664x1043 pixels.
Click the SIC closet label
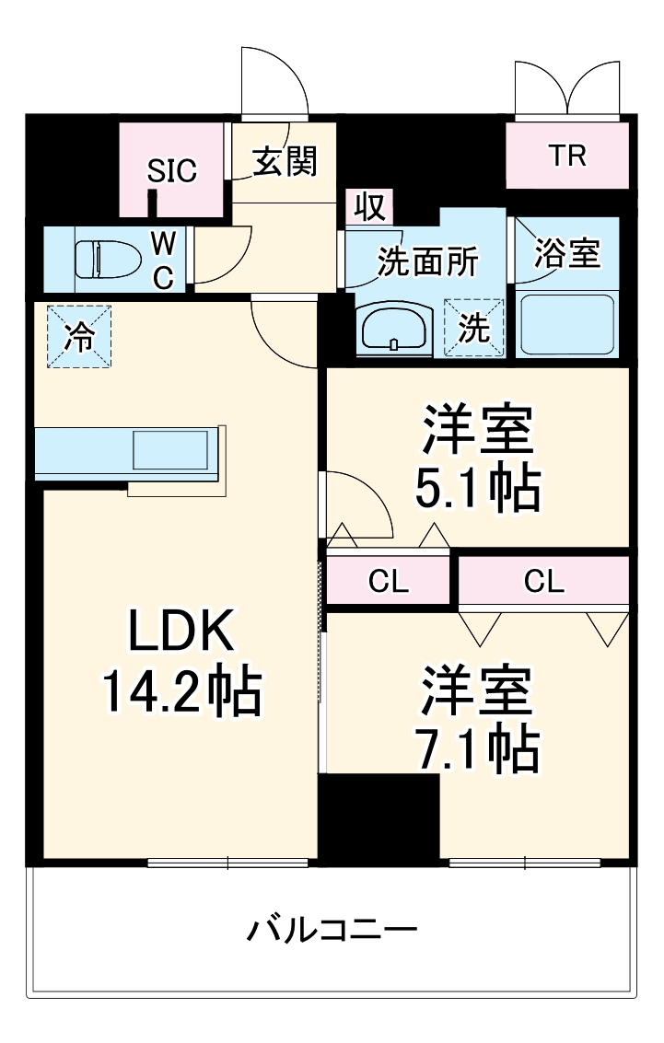pos(173,170)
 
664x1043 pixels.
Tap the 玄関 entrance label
pos(285,162)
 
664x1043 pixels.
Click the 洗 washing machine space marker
pos(475,328)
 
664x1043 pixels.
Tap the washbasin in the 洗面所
pos(393,329)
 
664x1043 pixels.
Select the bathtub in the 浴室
pos(566,325)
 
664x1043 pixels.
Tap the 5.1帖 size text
pos(476,491)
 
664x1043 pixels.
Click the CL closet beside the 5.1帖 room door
pos(388,581)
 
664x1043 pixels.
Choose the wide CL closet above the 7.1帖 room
pos(543,581)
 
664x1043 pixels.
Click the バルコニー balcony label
pos(332,930)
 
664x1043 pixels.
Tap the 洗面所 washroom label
pos(428,262)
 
